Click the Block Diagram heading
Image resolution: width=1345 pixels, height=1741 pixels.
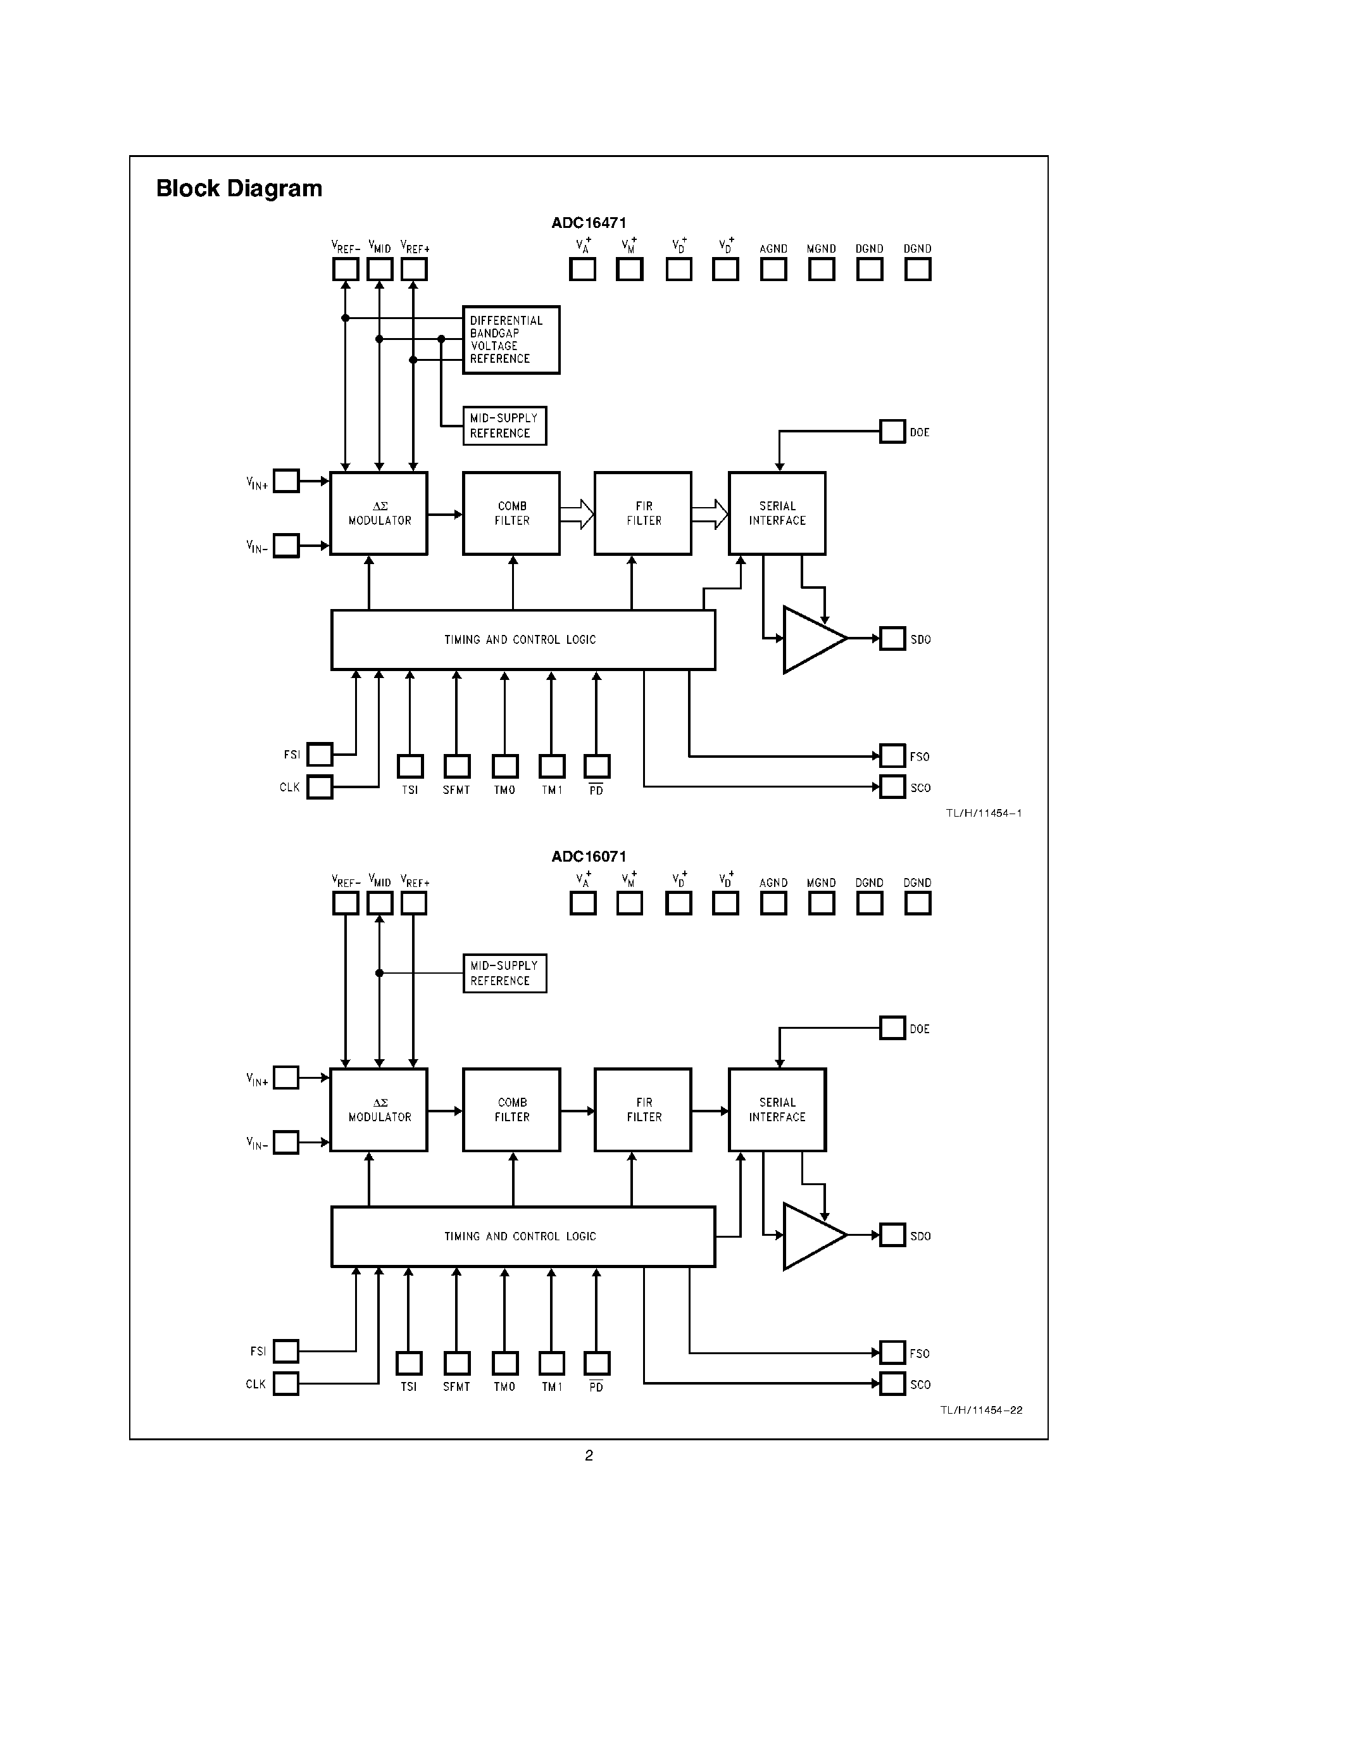click(x=239, y=189)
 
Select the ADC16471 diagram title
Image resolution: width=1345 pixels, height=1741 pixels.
click(x=589, y=223)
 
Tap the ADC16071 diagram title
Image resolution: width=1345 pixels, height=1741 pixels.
click(x=589, y=857)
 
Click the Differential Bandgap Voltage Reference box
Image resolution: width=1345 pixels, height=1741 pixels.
click(x=511, y=339)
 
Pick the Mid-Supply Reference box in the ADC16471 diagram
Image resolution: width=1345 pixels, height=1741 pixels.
click(x=504, y=425)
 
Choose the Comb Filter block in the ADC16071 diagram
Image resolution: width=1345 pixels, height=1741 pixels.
click(x=511, y=1110)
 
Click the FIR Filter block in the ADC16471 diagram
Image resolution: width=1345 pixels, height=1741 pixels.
click(x=643, y=513)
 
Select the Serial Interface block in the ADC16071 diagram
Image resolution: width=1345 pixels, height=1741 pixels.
click(x=777, y=1110)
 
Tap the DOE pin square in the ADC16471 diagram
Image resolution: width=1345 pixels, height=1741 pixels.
click(x=892, y=432)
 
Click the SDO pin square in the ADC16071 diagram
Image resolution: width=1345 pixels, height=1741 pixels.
click(x=892, y=1236)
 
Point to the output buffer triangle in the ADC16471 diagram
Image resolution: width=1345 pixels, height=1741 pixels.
click(x=811, y=639)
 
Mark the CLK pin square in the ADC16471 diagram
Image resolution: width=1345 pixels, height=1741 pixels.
click(x=320, y=787)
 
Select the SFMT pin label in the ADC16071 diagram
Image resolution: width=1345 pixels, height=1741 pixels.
click(x=456, y=1387)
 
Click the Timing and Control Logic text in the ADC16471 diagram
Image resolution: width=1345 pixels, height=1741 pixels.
click(x=520, y=640)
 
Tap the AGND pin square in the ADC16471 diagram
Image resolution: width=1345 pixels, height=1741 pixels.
click(x=773, y=270)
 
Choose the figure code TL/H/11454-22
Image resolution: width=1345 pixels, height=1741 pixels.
click(x=981, y=1410)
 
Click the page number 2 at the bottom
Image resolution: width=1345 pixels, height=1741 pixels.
click(x=589, y=1455)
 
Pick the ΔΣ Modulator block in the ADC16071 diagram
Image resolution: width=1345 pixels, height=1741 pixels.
click(x=378, y=1110)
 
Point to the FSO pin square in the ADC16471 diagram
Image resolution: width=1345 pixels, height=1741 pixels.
click(x=892, y=756)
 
